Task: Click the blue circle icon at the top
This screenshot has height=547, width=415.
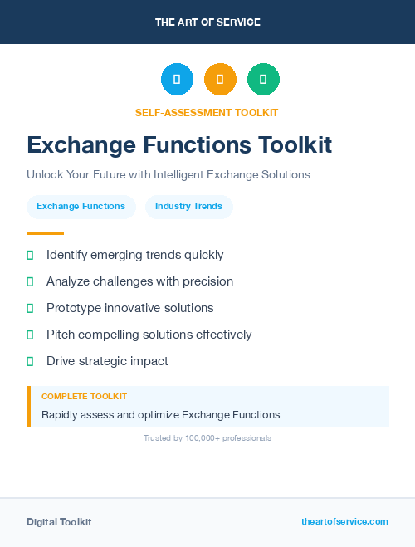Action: click(x=177, y=80)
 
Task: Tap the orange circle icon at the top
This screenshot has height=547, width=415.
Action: click(x=220, y=80)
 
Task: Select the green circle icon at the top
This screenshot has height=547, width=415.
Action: click(x=263, y=80)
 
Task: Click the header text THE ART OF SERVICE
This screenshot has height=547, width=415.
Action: click(x=207, y=22)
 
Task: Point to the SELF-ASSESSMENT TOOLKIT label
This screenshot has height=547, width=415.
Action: click(x=207, y=112)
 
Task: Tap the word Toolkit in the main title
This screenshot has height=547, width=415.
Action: click(x=295, y=145)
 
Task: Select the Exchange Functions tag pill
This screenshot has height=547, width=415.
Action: click(x=81, y=207)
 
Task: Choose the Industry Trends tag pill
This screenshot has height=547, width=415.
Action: click(x=188, y=207)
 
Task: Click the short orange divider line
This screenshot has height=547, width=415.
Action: click(x=45, y=233)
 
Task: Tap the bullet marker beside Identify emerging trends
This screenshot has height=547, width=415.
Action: click(x=30, y=255)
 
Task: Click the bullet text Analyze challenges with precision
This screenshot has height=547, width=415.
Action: click(x=139, y=281)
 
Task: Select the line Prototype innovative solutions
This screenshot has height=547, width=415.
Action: click(x=129, y=308)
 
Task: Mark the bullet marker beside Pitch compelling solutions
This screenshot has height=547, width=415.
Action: click(x=30, y=335)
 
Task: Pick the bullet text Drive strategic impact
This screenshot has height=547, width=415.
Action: click(x=107, y=361)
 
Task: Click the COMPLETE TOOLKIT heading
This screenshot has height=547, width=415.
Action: click(x=84, y=397)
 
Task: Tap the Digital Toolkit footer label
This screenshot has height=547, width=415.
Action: click(x=59, y=522)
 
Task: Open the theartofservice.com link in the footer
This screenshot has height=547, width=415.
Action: click(x=344, y=521)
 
